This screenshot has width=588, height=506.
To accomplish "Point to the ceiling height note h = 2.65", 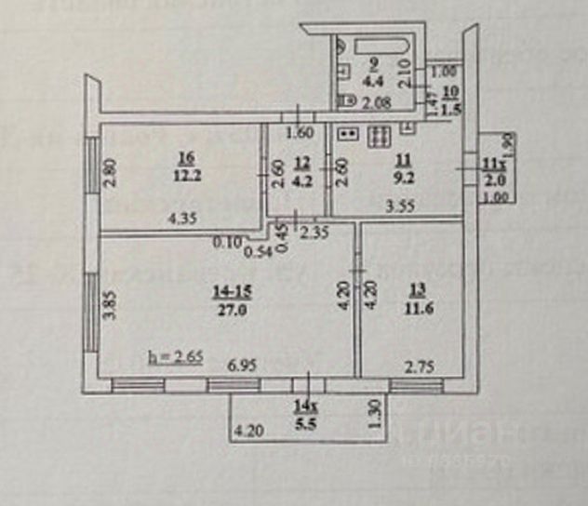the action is pos(176,356).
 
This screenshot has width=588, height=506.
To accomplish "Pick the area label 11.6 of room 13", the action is pos(411,313).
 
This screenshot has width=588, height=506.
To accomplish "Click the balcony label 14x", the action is pos(302,405).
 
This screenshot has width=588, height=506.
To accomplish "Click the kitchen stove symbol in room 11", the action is pos(381,137).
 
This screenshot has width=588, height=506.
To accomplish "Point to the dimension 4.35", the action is pos(181,220).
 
